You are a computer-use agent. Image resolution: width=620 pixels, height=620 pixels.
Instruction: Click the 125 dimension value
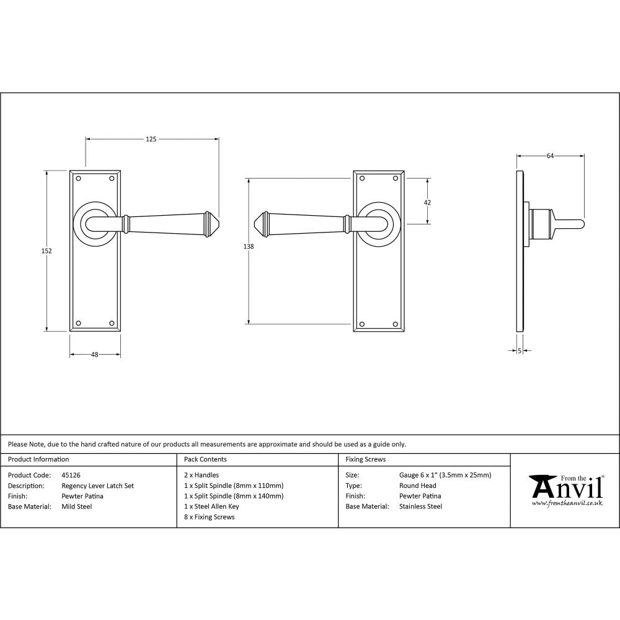pos(151,139)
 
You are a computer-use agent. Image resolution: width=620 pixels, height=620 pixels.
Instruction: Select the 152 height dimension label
pos(47,251)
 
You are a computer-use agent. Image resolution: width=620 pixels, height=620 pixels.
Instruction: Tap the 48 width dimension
pos(95,355)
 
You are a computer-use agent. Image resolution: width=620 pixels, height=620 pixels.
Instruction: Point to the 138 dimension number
pos(249,247)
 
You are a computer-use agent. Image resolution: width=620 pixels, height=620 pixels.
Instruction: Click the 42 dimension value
pos(427,202)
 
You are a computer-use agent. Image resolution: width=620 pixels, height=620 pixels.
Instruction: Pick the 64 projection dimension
pos(550,156)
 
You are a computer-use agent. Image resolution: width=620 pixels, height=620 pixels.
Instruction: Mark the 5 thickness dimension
pos(519,351)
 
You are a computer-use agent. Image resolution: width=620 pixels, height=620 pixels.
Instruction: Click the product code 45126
pos(71,476)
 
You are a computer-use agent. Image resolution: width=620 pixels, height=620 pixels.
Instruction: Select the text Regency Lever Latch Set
pos(97,486)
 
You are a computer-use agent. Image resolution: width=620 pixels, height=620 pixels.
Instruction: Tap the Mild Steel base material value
pos(76,507)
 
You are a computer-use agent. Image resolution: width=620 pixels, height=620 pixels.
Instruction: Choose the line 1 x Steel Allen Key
pos(211,507)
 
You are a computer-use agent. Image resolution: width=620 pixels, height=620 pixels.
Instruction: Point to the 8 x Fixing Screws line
pos(209,517)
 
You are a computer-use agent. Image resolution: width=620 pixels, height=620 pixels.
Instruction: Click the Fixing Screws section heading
pos(365,459)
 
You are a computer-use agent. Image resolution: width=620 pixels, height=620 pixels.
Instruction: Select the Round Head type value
pos(417,486)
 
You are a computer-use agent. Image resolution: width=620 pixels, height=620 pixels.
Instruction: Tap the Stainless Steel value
pos(420,507)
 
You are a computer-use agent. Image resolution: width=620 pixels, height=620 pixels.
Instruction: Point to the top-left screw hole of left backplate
pos(79,179)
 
